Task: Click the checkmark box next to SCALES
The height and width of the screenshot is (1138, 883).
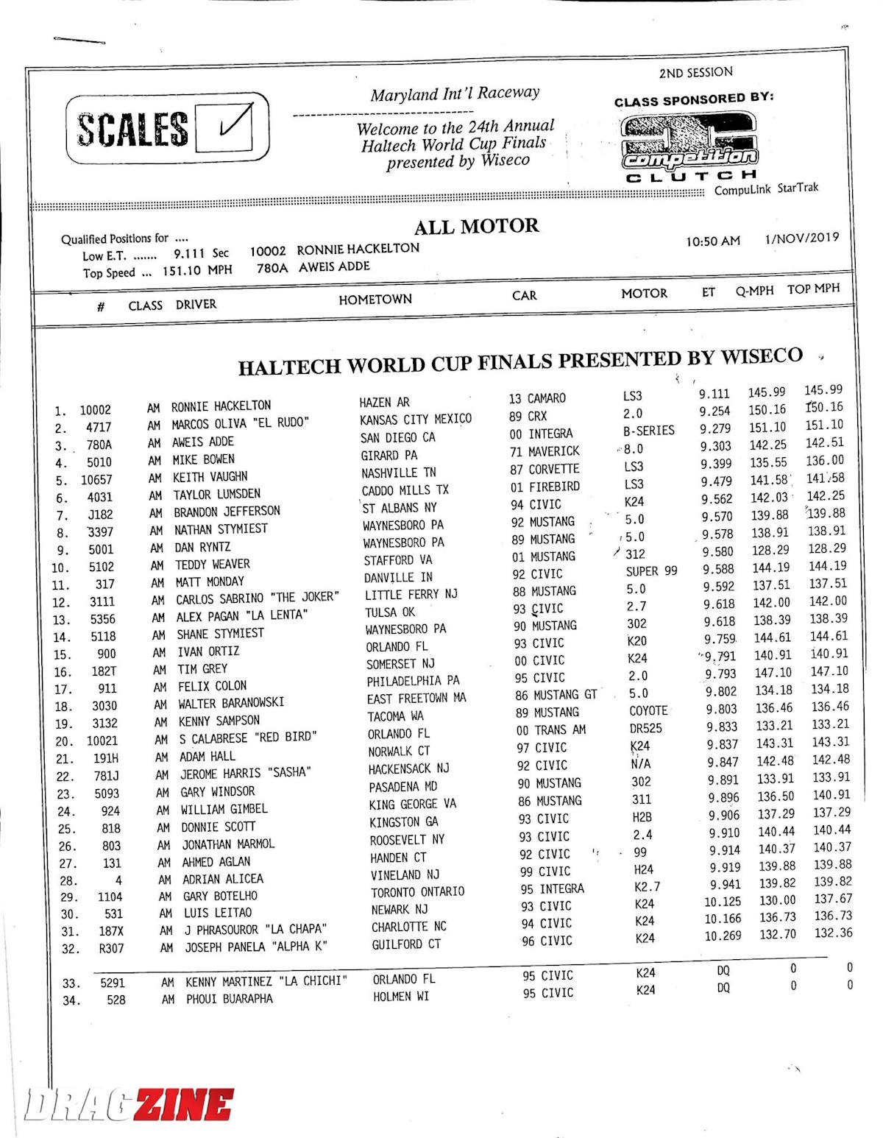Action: point(235,127)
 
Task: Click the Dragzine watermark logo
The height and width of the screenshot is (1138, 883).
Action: point(129,1104)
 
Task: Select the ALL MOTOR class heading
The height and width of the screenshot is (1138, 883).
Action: point(476,227)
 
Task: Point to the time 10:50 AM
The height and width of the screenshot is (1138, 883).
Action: point(712,241)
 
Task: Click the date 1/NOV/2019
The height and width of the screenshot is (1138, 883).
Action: point(801,238)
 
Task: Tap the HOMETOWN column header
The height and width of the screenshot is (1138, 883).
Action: point(375,299)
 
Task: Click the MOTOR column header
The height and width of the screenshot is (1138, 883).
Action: point(644,293)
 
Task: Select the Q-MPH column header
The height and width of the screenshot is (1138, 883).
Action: point(754,291)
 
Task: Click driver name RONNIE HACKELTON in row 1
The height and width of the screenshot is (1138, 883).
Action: point(221,406)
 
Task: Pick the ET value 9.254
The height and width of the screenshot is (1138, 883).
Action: point(714,411)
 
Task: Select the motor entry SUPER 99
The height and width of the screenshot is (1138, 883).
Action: point(651,570)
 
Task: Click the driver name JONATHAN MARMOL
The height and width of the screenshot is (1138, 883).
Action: point(227,844)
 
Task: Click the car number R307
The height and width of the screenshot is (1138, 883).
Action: point(111,948)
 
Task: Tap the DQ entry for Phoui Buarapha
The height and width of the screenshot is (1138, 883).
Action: point(723,988)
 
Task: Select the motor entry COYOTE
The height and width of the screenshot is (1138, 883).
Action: point(648,711)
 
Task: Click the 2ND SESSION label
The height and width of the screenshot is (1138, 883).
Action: point(695,72)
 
